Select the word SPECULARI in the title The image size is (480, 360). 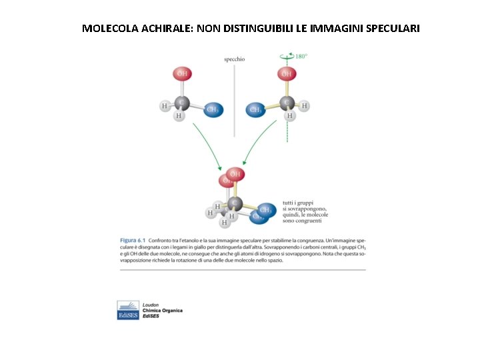tap(389, 29)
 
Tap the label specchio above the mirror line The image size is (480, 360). tap(234, 59)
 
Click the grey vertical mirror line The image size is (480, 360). tap(234, 100)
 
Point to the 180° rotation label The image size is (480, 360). tap(301, 57)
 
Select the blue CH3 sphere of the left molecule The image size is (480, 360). tap(212, 110)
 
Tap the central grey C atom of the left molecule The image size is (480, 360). tap(181, 103)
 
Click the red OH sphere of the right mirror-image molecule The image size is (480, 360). tap(285, 74)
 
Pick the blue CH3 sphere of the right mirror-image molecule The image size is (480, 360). tap(255, 109)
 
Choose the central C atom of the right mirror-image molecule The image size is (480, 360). tap(287, 103)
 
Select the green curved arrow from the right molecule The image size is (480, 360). tap(263, 143)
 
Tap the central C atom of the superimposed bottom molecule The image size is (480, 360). tap(233, 202)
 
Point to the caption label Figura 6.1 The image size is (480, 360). tap(133, 239)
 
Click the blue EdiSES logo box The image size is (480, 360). tap(128, 311)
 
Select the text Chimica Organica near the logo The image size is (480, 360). tap(162, 311)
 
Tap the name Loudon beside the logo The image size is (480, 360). tap(151, 305)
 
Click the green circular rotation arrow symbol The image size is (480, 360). tap(287, 57)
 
